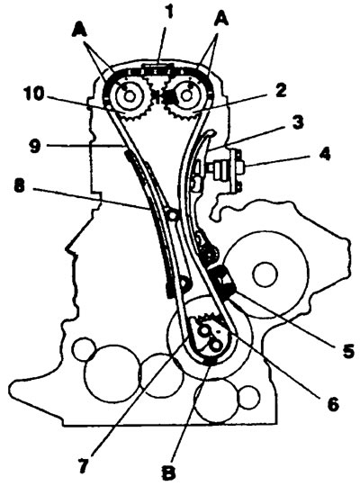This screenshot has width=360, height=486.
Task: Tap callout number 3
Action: coord(298,123)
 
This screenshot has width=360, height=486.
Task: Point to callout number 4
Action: coord(325,154)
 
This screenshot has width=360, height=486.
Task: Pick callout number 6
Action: coord(333,403)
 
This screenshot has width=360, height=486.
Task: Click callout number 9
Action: coord(35,146)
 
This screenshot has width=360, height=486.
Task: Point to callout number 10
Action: coord(34,94)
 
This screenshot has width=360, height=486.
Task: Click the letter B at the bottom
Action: coord(169,472)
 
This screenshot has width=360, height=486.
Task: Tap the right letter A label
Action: coord(221,19)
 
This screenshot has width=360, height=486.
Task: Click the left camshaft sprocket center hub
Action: coord(129,96)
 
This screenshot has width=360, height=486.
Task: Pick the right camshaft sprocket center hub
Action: coord(185,96)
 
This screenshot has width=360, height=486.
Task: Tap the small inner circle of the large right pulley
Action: coord(265,274)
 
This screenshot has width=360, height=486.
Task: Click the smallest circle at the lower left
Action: coord(84,349)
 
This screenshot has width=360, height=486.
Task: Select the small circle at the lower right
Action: coord(249,397)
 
